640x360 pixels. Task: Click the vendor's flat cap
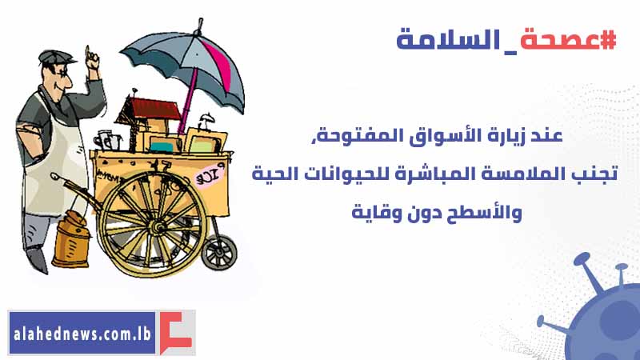(56, 57)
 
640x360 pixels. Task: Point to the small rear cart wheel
(219, 253)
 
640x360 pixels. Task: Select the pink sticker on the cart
(210, 175)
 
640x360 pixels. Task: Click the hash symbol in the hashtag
(608, 40)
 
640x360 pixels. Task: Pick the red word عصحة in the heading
(559, 40)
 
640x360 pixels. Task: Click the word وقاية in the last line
(370, 213)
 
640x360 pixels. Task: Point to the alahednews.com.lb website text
(82, 334)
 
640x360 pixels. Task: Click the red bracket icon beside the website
(175, 332)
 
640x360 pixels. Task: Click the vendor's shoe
(36, 261)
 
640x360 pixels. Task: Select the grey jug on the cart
(106, 142)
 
